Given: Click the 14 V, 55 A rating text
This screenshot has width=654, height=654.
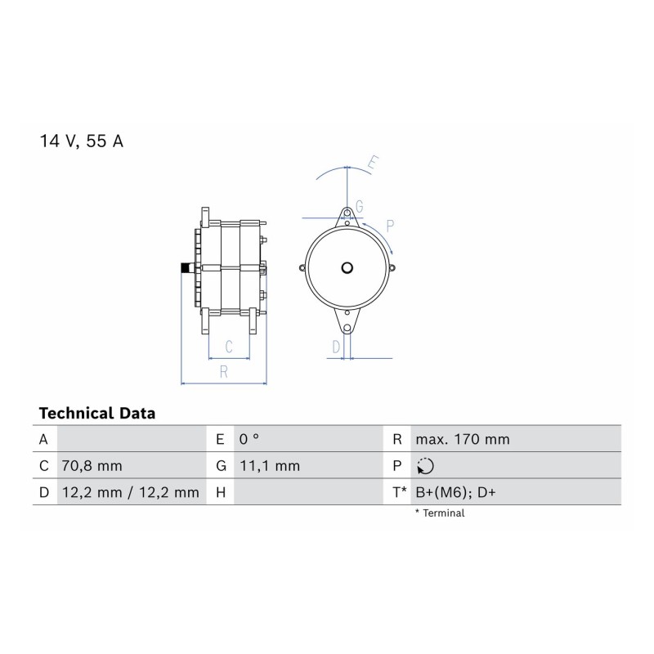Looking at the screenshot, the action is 81,141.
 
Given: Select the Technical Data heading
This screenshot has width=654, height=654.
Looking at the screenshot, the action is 97,414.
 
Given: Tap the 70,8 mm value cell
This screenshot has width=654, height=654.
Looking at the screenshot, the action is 92,466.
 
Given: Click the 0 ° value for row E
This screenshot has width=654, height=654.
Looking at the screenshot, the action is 249,439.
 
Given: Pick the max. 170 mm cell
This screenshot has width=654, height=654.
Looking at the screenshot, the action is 463,439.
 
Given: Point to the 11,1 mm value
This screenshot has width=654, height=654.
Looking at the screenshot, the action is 270,466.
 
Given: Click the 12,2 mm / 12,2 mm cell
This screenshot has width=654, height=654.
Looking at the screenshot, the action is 130,493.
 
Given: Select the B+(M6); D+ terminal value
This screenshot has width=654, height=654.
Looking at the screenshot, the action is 455,493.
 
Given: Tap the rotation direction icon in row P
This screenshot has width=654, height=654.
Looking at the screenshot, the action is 425,466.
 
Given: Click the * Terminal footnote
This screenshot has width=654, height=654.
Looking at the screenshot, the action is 440,513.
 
